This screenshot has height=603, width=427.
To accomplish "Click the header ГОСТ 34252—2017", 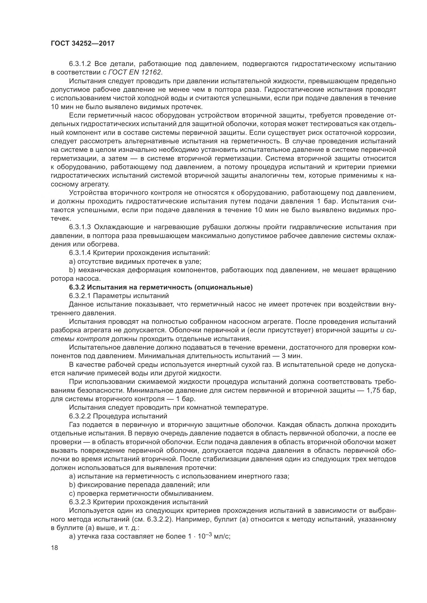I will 83,43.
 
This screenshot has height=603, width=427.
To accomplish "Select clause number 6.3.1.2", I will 80,64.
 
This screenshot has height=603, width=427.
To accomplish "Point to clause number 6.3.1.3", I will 80,227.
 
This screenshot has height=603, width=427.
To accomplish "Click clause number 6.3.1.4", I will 80,253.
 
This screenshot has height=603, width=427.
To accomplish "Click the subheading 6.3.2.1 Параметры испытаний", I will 119,296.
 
